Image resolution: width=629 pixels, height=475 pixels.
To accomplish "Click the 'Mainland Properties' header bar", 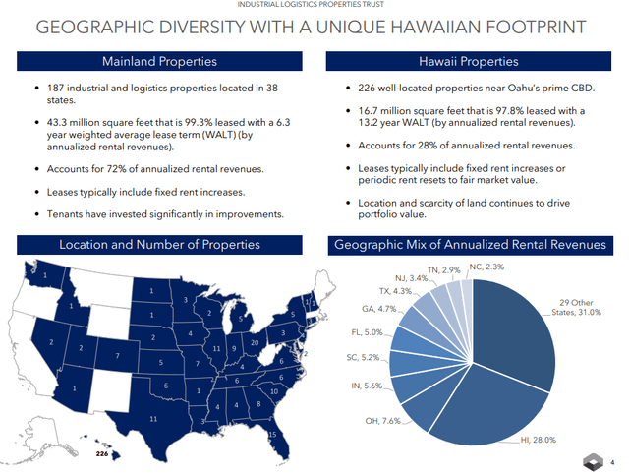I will (x=160, y=62).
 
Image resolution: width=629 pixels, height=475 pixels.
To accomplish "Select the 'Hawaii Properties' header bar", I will (x=470, y=62).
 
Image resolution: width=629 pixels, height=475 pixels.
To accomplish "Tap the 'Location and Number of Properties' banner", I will (x=160, y=244).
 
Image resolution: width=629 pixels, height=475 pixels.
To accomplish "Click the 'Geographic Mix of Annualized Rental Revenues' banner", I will (x=470, y=244).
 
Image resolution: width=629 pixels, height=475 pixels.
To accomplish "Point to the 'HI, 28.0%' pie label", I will (x=537, y=441).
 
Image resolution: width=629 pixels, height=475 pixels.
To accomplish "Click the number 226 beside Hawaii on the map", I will (x=100, y=456).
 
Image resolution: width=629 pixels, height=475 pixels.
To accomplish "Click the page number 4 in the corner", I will (x=611, y=462).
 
